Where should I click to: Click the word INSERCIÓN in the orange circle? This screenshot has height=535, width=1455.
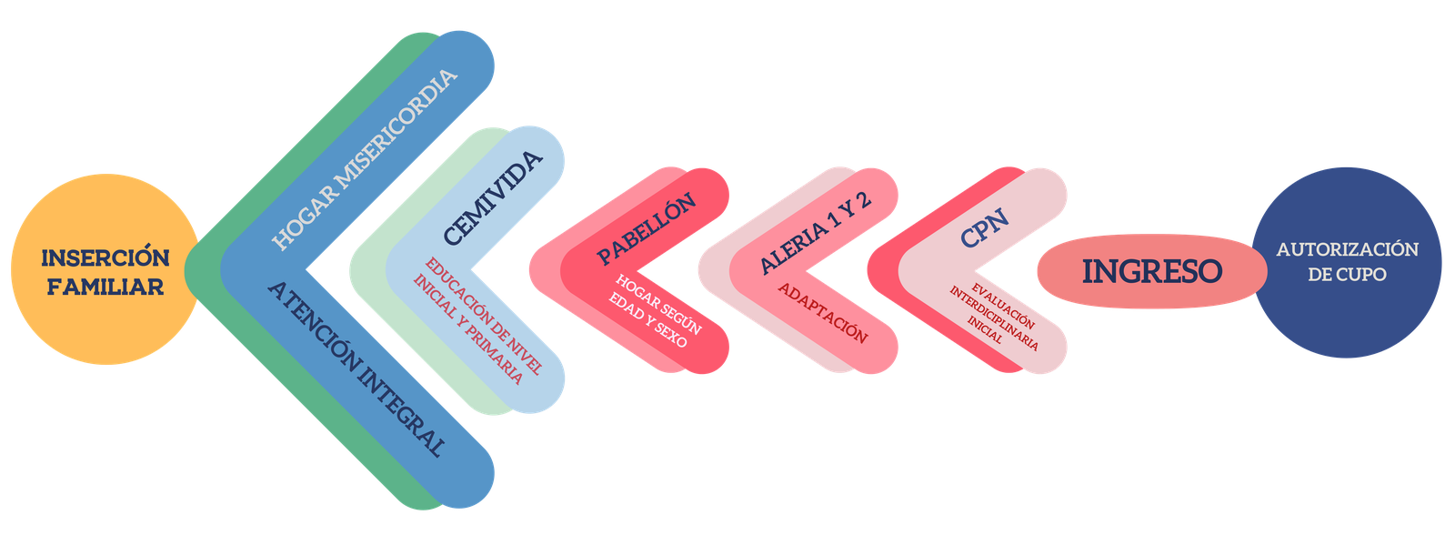tap(105, 257)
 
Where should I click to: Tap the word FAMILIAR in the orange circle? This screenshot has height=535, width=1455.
tap(105, 287)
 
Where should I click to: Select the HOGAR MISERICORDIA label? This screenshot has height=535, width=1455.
tap(365, 160)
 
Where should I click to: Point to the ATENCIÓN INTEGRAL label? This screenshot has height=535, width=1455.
tap(356, 369)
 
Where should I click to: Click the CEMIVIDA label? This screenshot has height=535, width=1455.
tap(493, 197)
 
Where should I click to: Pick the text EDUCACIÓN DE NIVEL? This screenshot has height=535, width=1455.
tap(483, 316)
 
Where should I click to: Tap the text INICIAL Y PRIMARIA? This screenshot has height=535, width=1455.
tap(468, 329)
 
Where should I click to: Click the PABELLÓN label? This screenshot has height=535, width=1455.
tap(647, 228)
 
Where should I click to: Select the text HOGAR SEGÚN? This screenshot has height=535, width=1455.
tap(658, 304)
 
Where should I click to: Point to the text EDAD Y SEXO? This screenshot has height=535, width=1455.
tap(647, 320)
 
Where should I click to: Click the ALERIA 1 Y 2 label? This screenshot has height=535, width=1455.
tap(815, 232)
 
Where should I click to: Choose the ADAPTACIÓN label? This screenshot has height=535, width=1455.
tap(823, 313)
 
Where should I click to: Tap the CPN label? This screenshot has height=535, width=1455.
tap(985, 228)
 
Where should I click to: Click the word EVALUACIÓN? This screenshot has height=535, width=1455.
tap(1003, 307)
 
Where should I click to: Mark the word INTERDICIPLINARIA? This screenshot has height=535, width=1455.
tap(994, 318)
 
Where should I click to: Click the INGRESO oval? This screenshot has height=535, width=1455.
tap(1151, 271)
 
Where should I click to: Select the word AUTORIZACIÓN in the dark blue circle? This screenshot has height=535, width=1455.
tap(1347, 249)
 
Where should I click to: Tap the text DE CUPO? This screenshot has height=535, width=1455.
tap(1347, 275)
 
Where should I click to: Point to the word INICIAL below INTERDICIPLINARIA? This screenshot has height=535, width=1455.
tap(985, 329)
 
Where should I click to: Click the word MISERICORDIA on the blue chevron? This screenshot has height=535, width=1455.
tap(397, 128)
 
